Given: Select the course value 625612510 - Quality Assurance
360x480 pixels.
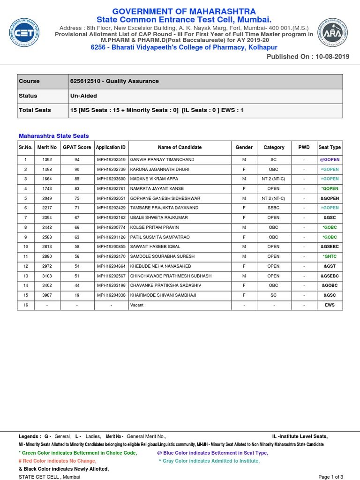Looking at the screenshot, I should click(x=114, y=81).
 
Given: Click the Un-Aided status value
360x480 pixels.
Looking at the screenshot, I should click(x=83, y=96).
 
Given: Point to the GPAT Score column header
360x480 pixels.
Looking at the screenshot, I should click(x=77, y=147).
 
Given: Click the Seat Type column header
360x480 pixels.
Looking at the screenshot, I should click(x=330, y=147).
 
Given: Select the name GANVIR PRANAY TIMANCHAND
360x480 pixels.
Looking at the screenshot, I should click(x=162, y=159).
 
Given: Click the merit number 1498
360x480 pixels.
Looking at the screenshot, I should click(x=47, y=169).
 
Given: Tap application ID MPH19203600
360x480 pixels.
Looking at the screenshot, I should click(x=111, y=179).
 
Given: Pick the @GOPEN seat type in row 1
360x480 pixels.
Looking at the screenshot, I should click(x=330, y=159).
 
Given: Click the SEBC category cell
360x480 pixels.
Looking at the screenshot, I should click(x=274, y=208).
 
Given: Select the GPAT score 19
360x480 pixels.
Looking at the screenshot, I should click(x=77, y=295).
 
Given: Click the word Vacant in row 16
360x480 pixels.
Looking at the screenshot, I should click(x=137, y=305).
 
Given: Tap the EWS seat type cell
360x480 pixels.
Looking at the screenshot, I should click(x=330, y=305).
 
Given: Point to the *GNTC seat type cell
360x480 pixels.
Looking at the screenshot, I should click(x=330, y=256).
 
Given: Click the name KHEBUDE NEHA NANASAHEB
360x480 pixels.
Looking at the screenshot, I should click(x=161, y=266).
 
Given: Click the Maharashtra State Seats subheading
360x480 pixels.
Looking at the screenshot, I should click(x=53, y=136).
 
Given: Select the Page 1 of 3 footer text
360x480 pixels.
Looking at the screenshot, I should click(x=330, y=477).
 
